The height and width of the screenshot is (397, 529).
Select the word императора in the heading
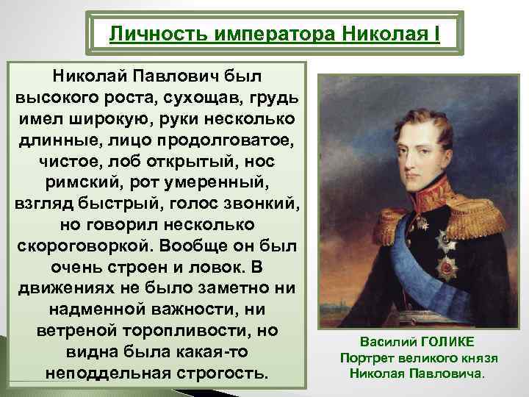(x=265, y=34)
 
